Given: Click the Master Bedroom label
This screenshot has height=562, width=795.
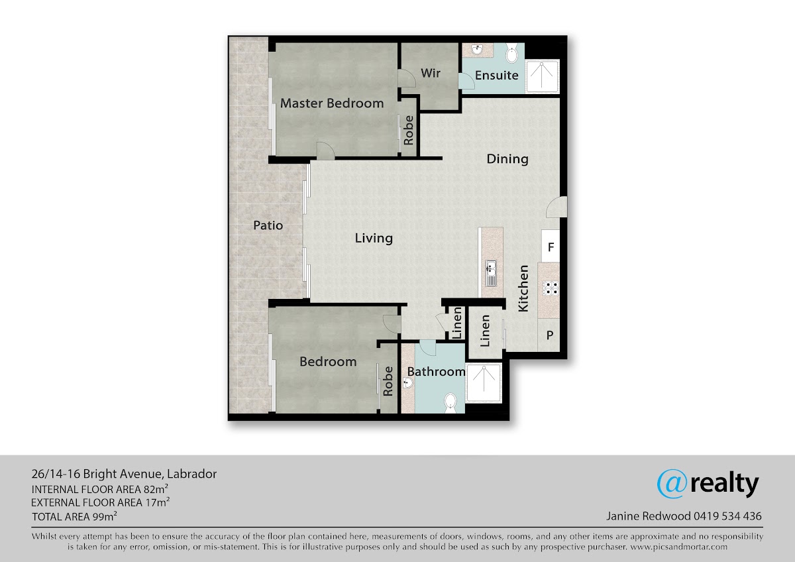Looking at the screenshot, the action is click(x=332, y=103).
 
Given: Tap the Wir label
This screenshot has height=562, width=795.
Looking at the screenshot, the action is click(x=431, y=73).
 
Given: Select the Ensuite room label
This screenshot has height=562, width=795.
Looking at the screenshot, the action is click(x=496, y=76).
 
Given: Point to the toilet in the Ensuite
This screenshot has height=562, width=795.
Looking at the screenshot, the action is click(x=511, y=53).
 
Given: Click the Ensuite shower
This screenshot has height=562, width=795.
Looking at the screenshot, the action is click(x=542, y=76).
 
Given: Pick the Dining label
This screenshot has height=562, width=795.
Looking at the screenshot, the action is click(x=507, y=159).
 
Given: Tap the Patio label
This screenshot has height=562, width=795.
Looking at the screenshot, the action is click(x=268, y=225).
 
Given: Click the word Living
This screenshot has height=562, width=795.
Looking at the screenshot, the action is click(x=374, y=238).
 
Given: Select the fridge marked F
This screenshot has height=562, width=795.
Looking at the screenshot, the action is click(x=551, y=247).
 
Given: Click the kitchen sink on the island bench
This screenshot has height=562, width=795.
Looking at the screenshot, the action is click(x=491, y=273).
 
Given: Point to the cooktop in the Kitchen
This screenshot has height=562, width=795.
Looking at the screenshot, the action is click(x=551, y=288).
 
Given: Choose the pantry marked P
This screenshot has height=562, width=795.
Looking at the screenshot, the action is click(x=549, y=335).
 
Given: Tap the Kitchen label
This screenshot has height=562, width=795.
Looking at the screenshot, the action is click(x=523, y=289).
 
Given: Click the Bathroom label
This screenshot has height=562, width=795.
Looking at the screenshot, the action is click(x=436, y=372).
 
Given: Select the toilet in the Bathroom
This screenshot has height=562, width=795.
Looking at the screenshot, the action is click(x=450, y=403).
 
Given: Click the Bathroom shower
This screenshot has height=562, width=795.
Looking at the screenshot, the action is click(x=484, y=382).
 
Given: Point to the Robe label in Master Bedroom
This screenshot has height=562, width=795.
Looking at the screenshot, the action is click(x=409, y=131).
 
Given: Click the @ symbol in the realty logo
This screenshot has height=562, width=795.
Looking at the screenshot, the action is click(x=672, y=484).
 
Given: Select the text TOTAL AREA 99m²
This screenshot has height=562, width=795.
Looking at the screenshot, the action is click(x=74, y=516).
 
